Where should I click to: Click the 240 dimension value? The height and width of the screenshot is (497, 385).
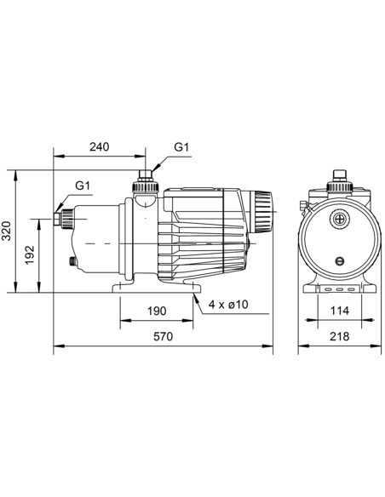pyautogui.click(x=99, y=146)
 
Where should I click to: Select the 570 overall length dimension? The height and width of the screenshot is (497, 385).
pyautogui.click(x=163, y=337)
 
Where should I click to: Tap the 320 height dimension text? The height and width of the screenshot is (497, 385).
pyautogui.click(x=8, y=230)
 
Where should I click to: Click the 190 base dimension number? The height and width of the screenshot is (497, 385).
pyautogui.click(x=157, y=311)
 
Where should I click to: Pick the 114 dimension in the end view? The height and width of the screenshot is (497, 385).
pyautogui.click(x=339, y=311)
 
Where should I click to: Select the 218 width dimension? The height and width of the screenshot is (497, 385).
pyautogui.click(x=339, y=337)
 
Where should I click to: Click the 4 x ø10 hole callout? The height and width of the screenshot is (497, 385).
pyautogui.click(x=226, y=306)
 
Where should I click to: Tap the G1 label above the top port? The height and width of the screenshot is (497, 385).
pyautogui.click(x=181, y=146)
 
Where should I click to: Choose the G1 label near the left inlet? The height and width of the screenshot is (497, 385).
pyautogui.click(x=82, y=185)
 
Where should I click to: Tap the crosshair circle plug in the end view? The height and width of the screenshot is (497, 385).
pyautogui.click(x=340, y=219)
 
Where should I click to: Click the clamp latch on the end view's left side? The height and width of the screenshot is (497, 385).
pyautogui.click(x=302, y=205)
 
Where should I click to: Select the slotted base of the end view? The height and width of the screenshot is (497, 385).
pyautogui.click(x=339, y=289)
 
